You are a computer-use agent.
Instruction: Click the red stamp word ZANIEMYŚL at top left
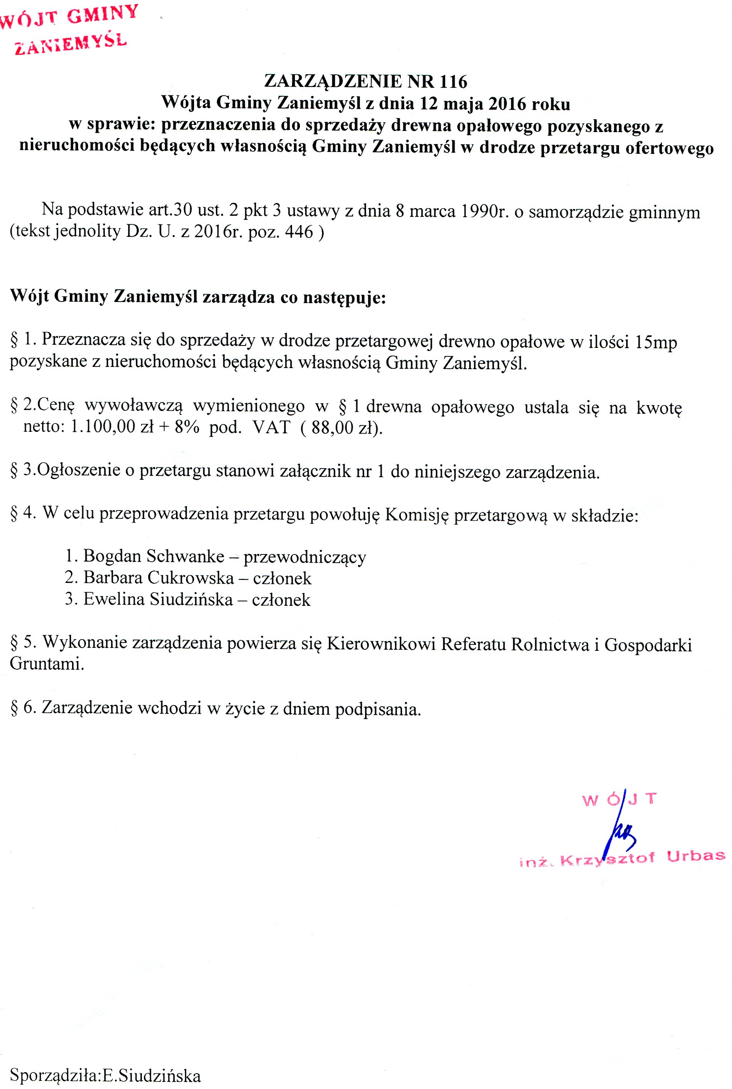[71, 44]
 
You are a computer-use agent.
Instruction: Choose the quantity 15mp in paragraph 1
[656, 342]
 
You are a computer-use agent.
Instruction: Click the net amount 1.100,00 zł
[112, 427]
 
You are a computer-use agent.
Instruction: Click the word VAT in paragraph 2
[271, 427]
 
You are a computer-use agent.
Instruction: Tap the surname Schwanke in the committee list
[185, 556]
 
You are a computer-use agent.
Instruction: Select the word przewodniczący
[304, 557]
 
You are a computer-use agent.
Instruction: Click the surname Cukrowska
[190, 578]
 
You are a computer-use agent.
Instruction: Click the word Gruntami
[47, 664]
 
